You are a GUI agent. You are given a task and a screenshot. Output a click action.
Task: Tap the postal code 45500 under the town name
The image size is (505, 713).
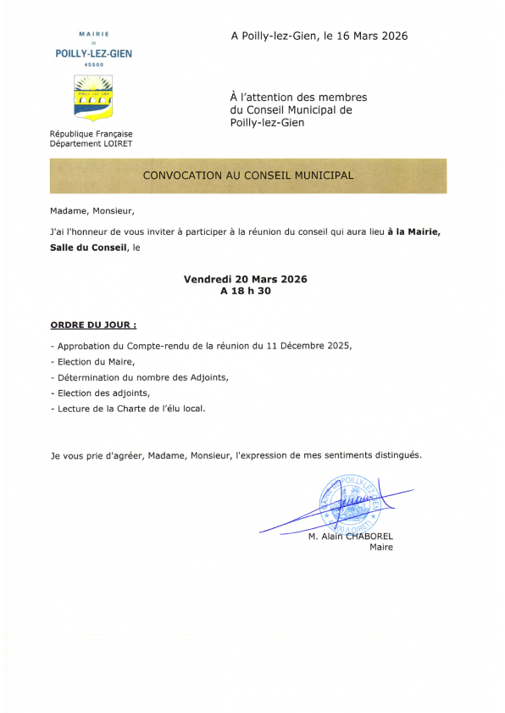pos(93,64)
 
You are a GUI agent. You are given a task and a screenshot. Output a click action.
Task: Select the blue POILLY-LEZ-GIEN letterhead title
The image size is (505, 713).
pos(93,53)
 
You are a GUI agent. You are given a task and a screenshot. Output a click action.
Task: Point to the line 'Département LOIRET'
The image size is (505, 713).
pos(91,143)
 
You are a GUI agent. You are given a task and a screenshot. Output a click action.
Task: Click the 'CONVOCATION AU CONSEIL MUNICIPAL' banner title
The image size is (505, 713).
pos(248,175)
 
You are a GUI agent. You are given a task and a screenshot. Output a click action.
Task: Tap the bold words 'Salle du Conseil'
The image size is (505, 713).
pos(87,248)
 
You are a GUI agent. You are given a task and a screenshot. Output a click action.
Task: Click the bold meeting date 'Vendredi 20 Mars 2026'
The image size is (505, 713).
pos(245,279)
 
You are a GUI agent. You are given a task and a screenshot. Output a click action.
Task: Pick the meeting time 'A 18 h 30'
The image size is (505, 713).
pos(245,291)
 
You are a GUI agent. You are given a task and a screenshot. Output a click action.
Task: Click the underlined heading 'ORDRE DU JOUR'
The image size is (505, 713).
pos(93,325)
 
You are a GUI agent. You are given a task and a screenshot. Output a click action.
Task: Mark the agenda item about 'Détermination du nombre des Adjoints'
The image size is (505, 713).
pos(142,377)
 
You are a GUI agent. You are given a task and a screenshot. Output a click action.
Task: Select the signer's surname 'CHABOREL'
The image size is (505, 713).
pos(368,536)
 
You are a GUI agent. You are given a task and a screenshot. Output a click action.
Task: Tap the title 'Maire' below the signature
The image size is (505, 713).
pos(381,548)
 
